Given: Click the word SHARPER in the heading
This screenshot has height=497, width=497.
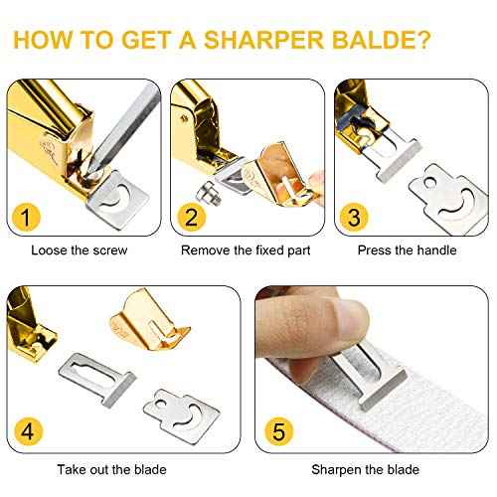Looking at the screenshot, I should pos(252,42).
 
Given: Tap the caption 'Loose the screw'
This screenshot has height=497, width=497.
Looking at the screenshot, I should pos(80,250).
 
